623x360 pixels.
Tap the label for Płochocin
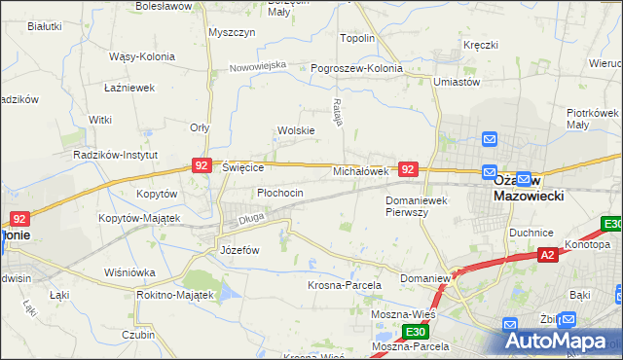click(280, 193)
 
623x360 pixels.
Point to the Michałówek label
click(361, 170)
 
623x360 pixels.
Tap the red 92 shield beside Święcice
click(202, 166)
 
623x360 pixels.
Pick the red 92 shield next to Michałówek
click(409, 169)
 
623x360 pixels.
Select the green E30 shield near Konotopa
click(611, 224)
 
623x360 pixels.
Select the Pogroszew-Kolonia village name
click(355, 69)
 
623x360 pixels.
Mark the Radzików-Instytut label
click(110, 155)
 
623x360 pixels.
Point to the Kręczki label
click(481, 45)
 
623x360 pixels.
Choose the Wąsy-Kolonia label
click(141, 56)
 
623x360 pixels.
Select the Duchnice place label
click(531, 234)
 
